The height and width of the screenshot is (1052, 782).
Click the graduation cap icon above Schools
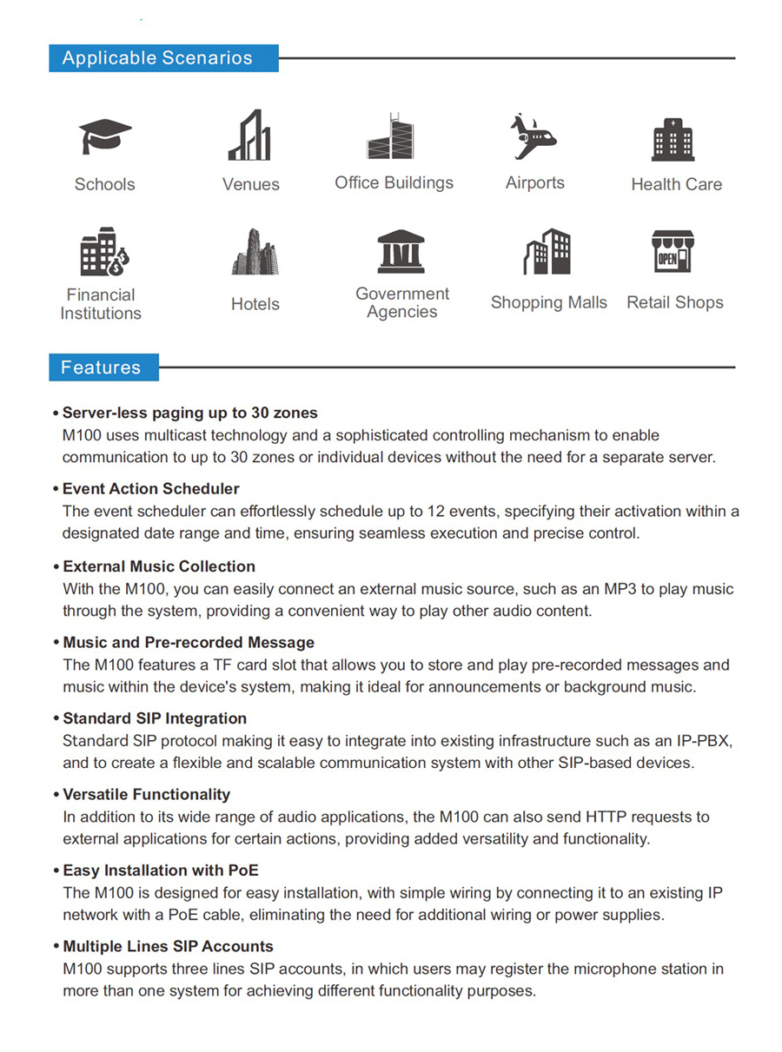coord(105,137)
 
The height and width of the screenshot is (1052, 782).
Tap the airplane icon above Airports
coord(532,136)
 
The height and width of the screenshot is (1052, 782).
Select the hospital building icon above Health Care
coord(673,140)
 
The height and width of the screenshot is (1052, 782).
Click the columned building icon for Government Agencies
coord(401,251)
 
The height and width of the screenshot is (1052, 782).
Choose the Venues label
coord(251,184)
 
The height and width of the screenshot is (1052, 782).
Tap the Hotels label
coord(255,304)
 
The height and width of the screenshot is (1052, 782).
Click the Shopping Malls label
coord(548,302)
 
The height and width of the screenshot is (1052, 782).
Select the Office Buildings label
coord(394,183)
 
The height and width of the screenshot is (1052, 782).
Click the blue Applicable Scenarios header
coord(163,58)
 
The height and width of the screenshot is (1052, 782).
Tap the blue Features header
coord(103,367)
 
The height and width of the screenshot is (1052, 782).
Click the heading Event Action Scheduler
coord(150,489)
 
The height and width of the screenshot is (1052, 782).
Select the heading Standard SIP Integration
coord(155,718)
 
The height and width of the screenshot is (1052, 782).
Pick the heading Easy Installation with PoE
coord(161,870)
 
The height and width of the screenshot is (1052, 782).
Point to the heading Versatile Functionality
coord(146,794)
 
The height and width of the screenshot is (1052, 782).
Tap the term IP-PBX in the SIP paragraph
coord(703,741)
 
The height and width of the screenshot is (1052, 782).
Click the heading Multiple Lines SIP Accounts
coord(168,946)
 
